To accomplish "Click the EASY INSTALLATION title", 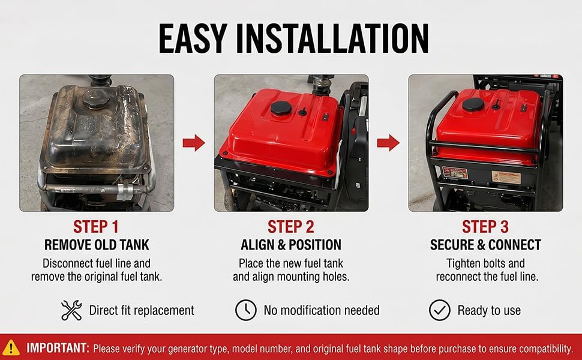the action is [293, 38].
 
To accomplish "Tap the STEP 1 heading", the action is [96, 227].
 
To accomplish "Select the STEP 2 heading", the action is [291, 227].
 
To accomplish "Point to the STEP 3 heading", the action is [485, 227].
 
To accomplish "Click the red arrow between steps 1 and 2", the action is [194, 143].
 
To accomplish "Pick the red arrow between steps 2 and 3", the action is [388, 143].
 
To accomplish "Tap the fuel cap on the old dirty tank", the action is [95, 98].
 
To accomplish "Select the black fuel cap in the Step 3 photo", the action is [473, 104].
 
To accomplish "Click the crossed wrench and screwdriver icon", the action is [71, 310].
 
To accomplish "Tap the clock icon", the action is [246, 310].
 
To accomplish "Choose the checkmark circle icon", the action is [440, 310].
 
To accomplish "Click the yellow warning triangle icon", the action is [11, 347].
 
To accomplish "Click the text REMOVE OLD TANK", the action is [97, 245].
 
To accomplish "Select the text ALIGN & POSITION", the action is [291, 245].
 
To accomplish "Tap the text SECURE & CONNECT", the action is [485, 245].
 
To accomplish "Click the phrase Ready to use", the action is [489, 310].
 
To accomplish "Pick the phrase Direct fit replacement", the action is [142, 310].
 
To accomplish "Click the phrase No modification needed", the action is [322, 310].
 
